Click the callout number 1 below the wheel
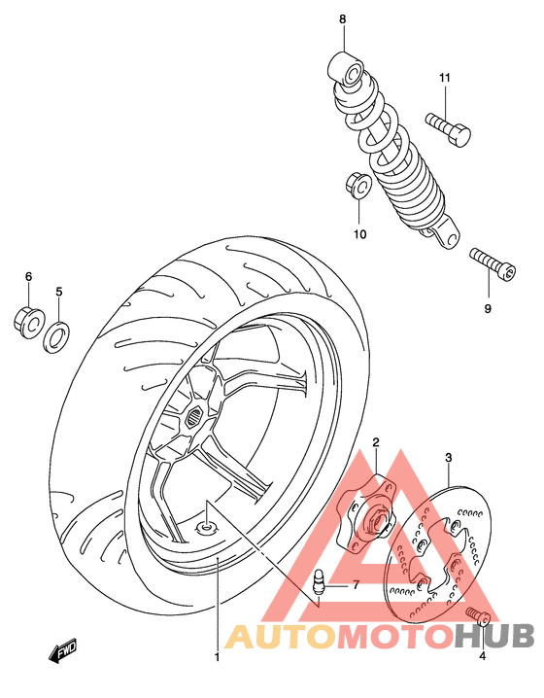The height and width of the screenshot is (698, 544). coord(218,657)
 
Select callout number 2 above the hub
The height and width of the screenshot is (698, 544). coord(376,443)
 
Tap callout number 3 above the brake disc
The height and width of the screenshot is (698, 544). coord(448,457)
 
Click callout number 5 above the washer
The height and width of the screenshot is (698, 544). coord(58,291)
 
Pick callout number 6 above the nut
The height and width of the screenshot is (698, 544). coord(28,277)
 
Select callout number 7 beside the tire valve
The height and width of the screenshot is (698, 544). coord(357,585)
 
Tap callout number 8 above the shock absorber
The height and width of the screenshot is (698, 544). coord(342,19)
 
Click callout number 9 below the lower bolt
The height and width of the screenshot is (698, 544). coord(488,310)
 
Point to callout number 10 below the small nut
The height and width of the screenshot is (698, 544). coord(358,234)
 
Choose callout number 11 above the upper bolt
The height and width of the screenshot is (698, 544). coord(445,78)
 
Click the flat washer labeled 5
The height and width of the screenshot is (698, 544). coord(58,336)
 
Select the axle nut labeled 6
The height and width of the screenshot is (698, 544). coord(26,318)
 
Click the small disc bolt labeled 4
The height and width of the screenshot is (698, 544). coord(476,614)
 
